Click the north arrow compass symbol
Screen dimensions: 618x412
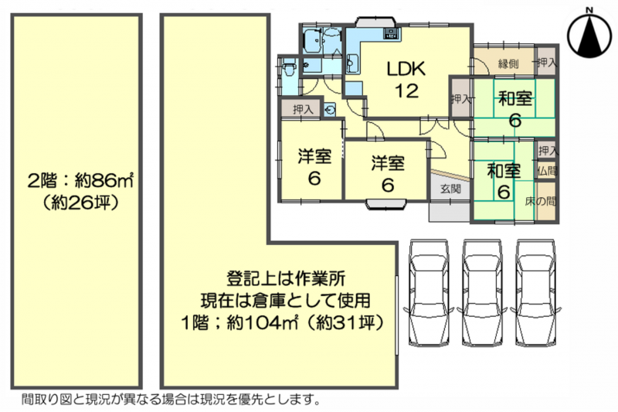(x=589, y=33)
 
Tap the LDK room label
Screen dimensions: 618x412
(x=406, y=69)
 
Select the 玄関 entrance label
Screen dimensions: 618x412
(x=450, y=189)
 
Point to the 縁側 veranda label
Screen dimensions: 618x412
(x=508, y=63)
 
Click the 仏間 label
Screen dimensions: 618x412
(x=547, y=171)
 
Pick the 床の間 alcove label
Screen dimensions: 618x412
(x=540, y=202)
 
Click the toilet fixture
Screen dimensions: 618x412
(x=289, y=69)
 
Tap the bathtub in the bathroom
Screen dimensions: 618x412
(x=313, y=40)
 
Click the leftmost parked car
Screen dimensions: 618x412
(x=429, y=293)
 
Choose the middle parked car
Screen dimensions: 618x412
(x=482, y=293)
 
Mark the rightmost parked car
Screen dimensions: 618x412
(x=535, y=293)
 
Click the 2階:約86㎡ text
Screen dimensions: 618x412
(x=80, y=181)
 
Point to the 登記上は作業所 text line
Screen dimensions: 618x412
(x=286, y=279)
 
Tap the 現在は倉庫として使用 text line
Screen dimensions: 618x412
(x=286, y=301)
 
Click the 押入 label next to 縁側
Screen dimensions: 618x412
(x=547, y=62)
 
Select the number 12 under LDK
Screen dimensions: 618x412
(x=407, y=91)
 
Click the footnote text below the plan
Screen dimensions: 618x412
(x=171, y=400)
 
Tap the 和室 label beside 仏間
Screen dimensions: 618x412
(x=504, y=171)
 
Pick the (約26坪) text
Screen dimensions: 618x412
(x=80, y=203)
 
